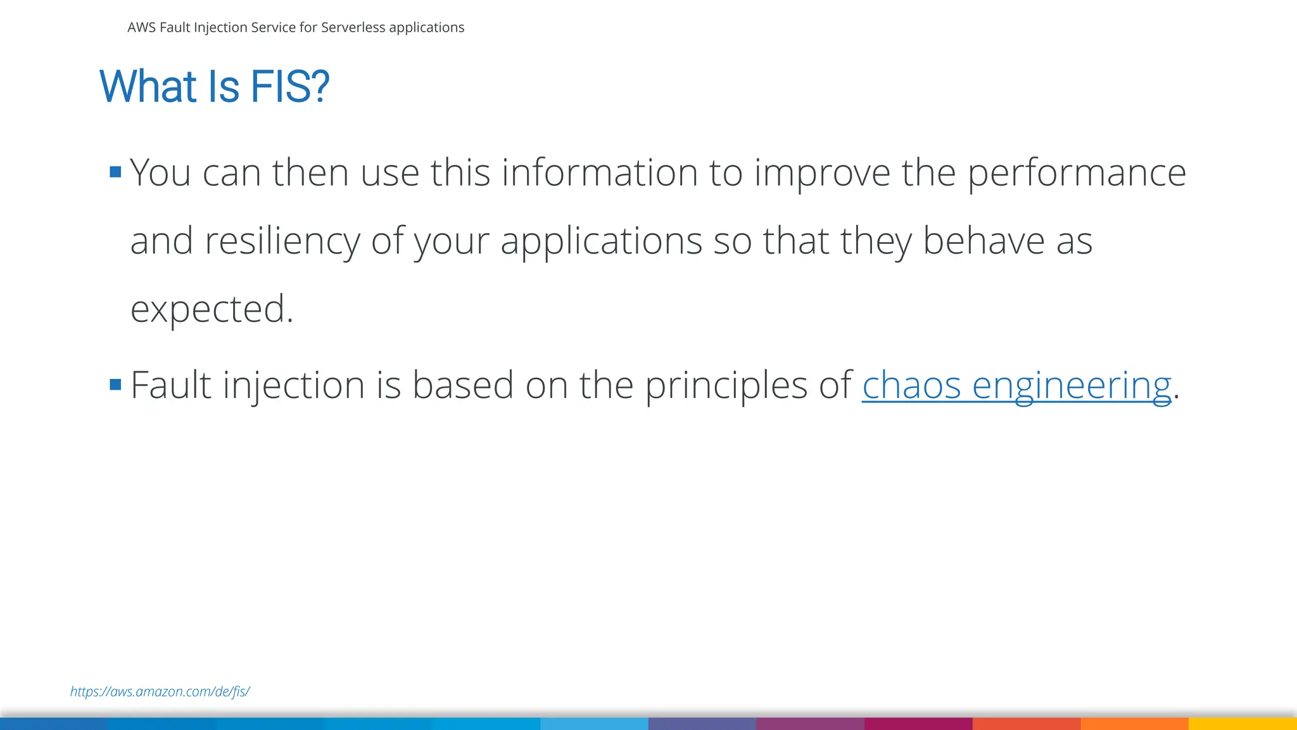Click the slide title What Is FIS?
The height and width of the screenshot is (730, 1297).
click(x=214, y=86)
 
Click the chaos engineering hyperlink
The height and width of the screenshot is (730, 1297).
click(x=1016, y=385)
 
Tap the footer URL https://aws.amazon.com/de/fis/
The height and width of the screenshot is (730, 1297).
click(x=160, y=691)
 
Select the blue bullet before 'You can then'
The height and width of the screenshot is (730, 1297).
click(x=115, y=172)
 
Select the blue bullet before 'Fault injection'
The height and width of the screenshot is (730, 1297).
click(x=115, y=384)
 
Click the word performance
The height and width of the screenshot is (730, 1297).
click(x=1076, y=173)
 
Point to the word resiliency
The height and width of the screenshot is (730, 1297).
click(x=282, y=241)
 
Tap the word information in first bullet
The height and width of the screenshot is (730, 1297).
click(x=599, y=172)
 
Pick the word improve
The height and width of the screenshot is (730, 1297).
click(x=821, y=173)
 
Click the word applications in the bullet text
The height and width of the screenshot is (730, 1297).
click(x=601, y=241)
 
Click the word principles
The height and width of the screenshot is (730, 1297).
click(x=726, y=385)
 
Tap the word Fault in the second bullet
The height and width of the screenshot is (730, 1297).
click(x=170, y=385)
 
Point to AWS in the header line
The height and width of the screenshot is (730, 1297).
click(x=141, y=27)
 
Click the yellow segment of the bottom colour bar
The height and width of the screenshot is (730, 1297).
click(x=1242, y=723)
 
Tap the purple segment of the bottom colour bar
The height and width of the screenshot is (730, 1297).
click(x=810, y=723)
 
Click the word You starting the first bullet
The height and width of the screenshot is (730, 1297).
click(x=160, y=172)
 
